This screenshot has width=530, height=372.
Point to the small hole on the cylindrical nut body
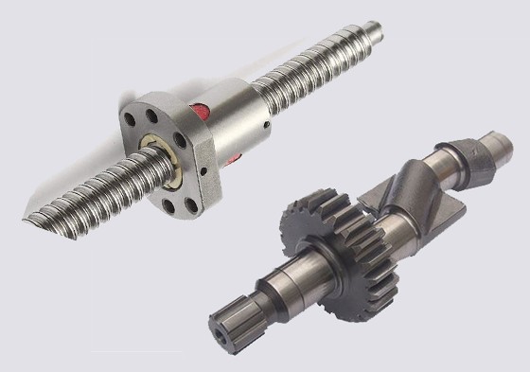[x=270, y=121]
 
